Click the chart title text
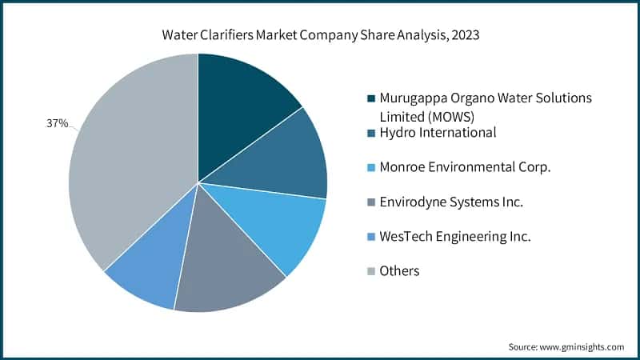point(319,36)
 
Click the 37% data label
point(55,124)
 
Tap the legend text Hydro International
point(438,132)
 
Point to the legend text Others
point(399,271)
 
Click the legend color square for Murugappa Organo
point(370,98)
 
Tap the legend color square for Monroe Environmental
point(370,167)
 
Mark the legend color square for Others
point(370,272)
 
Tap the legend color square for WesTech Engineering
point(370,237)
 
